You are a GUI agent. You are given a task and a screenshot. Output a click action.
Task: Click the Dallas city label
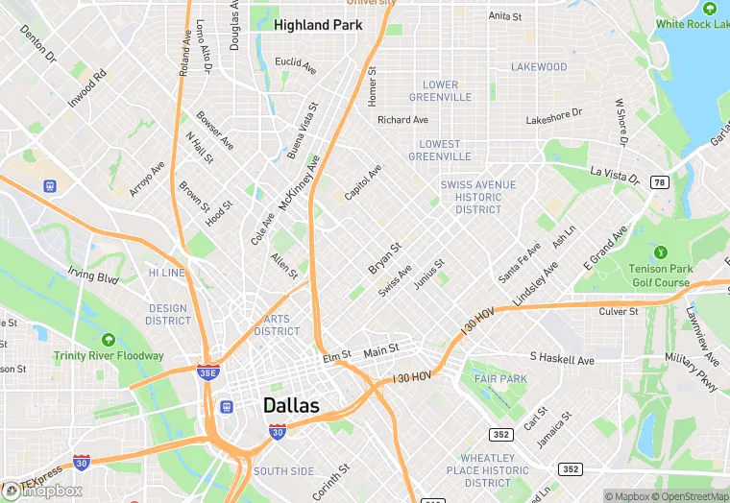tap(291, 405)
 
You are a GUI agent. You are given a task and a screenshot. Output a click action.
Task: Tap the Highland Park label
tap(318, 25)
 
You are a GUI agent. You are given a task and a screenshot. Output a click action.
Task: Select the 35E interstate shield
tap(208, 372)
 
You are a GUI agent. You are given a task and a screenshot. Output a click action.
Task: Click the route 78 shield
tap(659, 181)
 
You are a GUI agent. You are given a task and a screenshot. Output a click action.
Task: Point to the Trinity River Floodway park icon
tap(108, 340)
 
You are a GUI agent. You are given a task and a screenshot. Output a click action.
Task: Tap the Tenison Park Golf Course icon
tap(660, 252)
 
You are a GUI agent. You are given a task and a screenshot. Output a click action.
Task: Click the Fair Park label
tap(500, 379)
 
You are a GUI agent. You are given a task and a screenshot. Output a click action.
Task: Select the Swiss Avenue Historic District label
tap(478, 197)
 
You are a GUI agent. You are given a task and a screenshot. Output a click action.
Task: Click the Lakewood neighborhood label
tap(539, 67)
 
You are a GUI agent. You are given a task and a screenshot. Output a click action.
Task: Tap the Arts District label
tap(277, 325)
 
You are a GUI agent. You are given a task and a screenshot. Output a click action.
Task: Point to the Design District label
tap(168, 315)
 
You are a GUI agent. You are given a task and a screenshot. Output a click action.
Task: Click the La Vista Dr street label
tap(615, 176)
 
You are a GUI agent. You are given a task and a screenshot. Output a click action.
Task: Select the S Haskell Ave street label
tap(562, 360)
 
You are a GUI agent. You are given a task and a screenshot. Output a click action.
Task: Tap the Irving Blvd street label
tap(93, 278)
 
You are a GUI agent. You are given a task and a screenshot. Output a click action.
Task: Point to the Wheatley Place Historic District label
tap(488, 470)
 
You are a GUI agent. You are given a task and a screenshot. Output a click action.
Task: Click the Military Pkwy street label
tap(692, 372)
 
